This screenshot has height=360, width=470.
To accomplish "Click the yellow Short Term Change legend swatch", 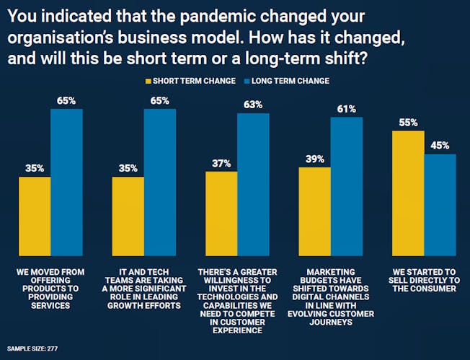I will point(148,81).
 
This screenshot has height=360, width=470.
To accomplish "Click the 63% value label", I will point(253,104).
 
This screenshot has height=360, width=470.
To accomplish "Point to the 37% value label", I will point(221,164).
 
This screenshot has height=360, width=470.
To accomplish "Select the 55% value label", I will point(409,123).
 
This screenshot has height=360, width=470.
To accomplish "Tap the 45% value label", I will point(440,146).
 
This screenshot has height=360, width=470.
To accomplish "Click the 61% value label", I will point(347,109).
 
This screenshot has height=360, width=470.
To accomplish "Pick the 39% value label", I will point(315,159).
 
